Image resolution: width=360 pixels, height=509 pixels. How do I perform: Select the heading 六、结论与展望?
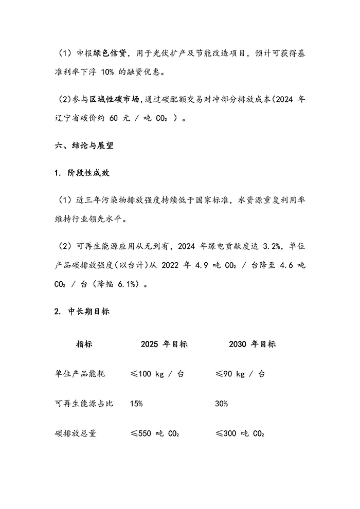pos(84,146)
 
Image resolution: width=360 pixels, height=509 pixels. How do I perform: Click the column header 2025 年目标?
pos(164,343)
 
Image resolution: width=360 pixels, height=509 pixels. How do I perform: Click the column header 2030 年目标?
pos(252,343)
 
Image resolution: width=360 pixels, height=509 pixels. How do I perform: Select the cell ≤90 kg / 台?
pos(240,374)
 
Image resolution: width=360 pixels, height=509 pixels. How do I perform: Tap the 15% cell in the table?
pos(136,404)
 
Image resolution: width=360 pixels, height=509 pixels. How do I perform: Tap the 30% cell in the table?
pos(221,404)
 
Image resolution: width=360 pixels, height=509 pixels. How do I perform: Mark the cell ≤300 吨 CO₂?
pos(239,433)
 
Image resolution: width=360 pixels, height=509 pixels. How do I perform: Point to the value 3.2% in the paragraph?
pos(268,246)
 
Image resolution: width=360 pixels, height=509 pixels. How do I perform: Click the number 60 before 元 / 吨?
pos(117,118)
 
